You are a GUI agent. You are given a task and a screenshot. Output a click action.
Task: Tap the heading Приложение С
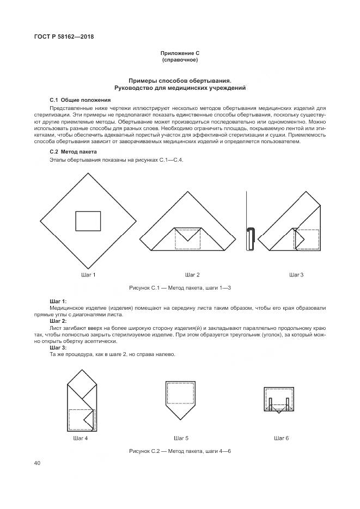point(180,53)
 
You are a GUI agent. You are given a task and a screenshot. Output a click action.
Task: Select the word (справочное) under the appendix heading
point(180,60)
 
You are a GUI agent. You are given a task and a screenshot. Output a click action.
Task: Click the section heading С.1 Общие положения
point(80,100)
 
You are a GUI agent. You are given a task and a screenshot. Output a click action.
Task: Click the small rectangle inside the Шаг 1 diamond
point(88,221)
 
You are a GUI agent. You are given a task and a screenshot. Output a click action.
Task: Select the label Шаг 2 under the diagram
point(192,274)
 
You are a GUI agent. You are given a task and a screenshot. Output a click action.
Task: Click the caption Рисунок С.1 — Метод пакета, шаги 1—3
point(180,287)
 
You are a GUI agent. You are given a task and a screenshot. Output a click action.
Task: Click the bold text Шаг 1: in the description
point(58,301)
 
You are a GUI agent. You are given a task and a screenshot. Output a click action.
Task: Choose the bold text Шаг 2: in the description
point(58,321)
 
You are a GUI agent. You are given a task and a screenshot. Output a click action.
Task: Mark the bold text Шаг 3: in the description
point(58,348)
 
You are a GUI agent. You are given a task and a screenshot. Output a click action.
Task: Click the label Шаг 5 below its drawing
point(181,438)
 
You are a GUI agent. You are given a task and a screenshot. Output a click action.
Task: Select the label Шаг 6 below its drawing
point(281,438)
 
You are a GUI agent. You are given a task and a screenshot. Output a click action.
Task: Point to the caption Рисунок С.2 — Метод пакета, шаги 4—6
point(180,452)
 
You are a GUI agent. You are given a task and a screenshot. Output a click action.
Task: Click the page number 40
point(38,463)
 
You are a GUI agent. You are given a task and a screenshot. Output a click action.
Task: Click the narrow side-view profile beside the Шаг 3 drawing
point(251,239)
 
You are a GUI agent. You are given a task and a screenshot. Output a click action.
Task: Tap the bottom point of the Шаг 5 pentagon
point(180,418)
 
